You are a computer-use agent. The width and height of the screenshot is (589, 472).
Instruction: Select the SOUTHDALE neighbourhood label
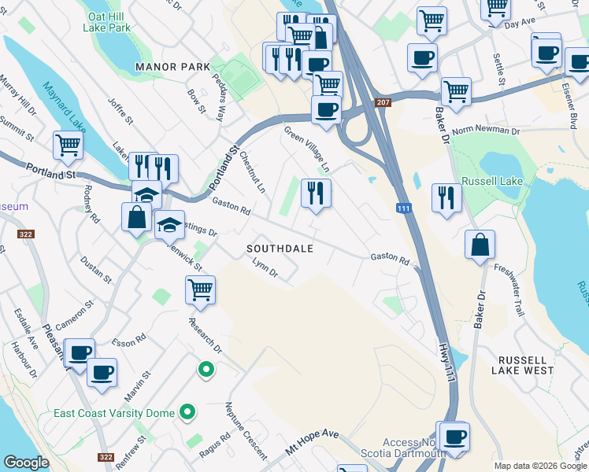[280, 249]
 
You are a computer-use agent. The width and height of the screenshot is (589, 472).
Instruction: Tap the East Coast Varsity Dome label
[114, 413]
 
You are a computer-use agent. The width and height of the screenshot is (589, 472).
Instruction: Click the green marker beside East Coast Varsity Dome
[187, 411]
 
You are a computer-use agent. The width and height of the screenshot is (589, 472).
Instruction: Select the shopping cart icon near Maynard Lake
[68, 145]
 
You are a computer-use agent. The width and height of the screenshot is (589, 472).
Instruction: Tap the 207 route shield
[383, 103]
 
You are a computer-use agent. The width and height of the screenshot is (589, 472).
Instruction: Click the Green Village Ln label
[306, 149]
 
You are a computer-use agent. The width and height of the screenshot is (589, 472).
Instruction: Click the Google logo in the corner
[27, 463]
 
